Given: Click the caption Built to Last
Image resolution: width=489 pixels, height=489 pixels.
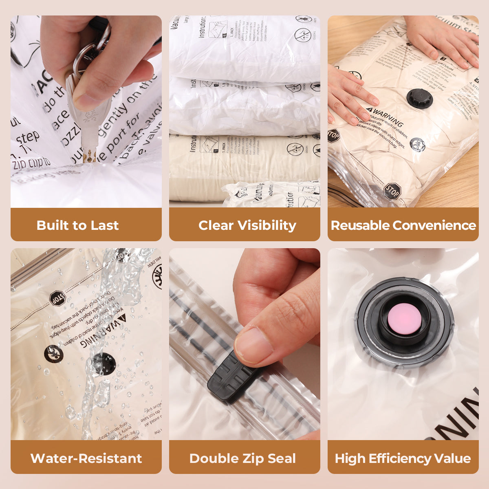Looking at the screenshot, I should point(77,225).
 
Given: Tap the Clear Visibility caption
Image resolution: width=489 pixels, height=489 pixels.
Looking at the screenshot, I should point(247,225).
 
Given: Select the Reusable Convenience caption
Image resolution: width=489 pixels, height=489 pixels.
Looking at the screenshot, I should point(403,225).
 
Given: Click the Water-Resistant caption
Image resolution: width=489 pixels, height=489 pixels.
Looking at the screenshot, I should point(86,458).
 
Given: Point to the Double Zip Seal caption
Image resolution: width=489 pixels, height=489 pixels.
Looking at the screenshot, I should point(242,458).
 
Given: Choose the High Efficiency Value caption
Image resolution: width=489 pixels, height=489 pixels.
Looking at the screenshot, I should point(403,458).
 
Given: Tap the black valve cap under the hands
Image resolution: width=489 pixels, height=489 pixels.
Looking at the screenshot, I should point(418,98).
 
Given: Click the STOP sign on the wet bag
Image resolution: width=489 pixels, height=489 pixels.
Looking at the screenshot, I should point(57,299).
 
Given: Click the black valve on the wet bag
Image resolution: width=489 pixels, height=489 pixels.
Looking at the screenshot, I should point(103,363).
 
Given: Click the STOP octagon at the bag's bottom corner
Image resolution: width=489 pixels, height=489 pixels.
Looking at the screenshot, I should point(392,191).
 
